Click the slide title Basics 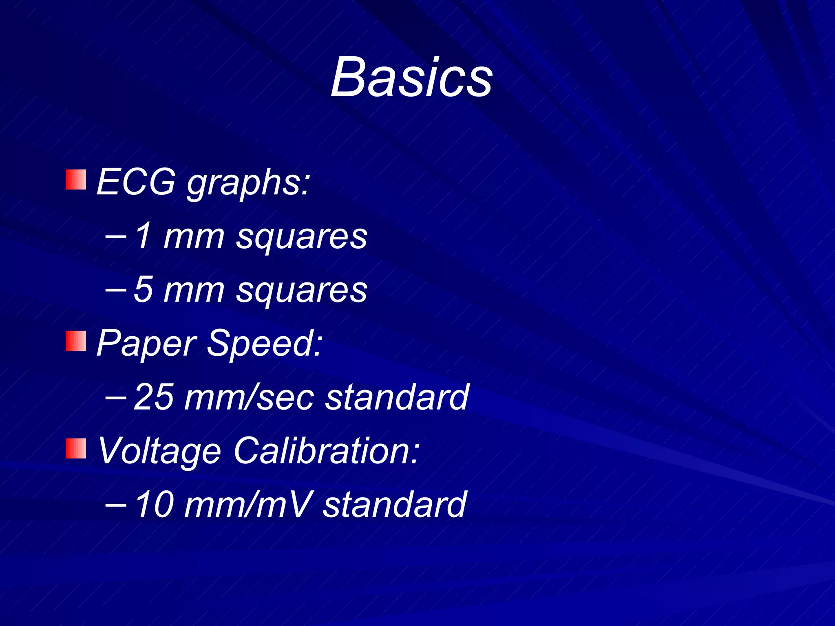(x=411, y=77)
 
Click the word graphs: (x=249, y=183)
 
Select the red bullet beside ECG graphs (x=76, y=180)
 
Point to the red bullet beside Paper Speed (x=76, y=341)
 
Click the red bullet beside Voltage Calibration (x=76, y=448)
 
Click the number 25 (x=154, y=397)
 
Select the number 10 (x=154, y=505)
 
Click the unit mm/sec (x=249, y=397)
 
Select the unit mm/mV (x=249, y=505)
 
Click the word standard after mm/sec (x=397, y=397)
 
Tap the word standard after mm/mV (x=395, y=505)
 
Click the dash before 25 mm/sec (x=115, y=396)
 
